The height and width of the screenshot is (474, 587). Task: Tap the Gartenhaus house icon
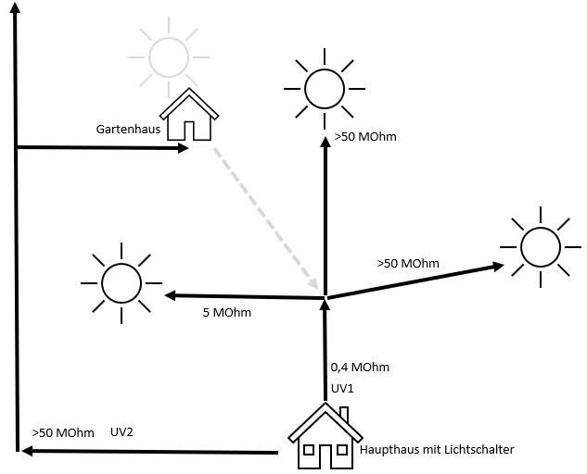pyautogui.click(x=189, y=115)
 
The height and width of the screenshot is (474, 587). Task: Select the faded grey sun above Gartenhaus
pyautogui.click(x=168, y=55)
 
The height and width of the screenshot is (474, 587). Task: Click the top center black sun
pyautogui.click(x=325, y=89)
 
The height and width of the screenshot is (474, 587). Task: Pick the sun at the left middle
pyautogui.click(x=120, y=281)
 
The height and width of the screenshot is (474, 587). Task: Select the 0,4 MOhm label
pyautogui.click(x=360, y=368)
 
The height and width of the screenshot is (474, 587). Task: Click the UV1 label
pyautogui.click(x=342, y=388)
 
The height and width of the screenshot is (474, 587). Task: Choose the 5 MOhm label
pyautogui.click(x=226, y=313)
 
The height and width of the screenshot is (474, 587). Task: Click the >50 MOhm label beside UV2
pyautogui.click(x=63, y=432)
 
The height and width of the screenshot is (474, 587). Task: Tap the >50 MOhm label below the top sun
pyautogui.click(x=365, y=137)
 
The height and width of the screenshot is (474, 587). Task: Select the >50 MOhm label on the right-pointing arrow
pyautogui.click(x=408, y=264)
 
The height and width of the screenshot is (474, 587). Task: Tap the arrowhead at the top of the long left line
pyautogui.click(x=14, y=17)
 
